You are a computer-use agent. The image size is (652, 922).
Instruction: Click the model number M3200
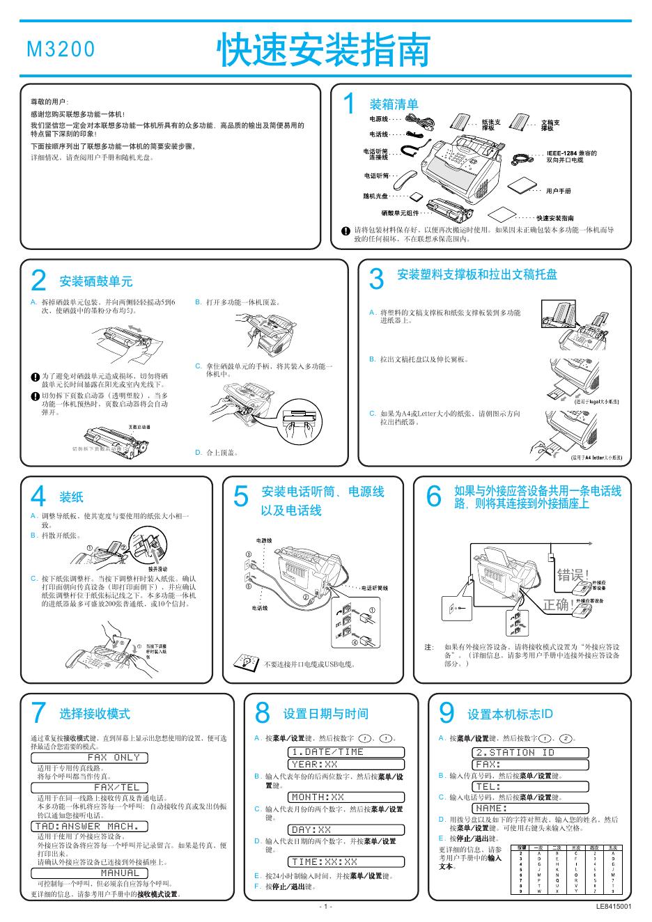pos(60,49)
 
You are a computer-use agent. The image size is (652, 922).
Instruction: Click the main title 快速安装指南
pos(324,49)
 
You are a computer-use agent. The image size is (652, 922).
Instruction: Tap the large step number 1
pos(350,104)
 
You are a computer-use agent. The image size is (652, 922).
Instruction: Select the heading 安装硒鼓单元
pos(96,281)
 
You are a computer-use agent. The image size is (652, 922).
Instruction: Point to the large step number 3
pos(376,279)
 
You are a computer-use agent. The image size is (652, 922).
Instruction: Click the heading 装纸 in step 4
pos(71,497)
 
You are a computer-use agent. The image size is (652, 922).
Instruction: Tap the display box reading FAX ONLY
pos(113,757)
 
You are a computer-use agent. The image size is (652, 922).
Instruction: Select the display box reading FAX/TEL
pos(113,788)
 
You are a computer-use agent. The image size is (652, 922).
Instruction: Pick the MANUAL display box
pos(113,873)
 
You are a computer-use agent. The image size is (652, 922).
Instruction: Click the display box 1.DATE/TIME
pos(346,752)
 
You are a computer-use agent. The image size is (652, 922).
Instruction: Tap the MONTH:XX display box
pos(346,797)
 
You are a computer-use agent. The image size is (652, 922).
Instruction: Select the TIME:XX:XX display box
pos(346,862)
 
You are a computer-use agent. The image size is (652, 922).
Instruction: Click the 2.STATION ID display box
pos(530,752)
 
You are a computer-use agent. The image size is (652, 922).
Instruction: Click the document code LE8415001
pos(613,907)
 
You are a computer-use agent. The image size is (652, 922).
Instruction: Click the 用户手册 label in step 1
pos(558,190)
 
